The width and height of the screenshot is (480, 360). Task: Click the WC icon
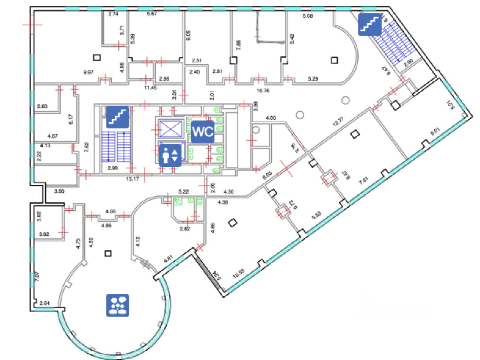point(203,132)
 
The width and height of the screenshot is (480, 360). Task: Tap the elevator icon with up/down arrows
point(170,155)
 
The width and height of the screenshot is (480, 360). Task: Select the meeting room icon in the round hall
point(117,305)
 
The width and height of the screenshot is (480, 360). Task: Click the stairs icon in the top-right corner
point(369,25)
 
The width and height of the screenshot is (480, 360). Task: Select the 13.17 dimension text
point(132,179)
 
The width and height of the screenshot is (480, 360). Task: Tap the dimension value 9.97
point(88,73)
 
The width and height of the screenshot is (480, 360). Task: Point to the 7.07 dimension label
point(36,277)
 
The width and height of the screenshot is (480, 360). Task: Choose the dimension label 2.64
point(44,303)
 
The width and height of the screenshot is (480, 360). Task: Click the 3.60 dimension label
point(59,191)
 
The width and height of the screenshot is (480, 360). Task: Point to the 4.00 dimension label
point(270,118)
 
